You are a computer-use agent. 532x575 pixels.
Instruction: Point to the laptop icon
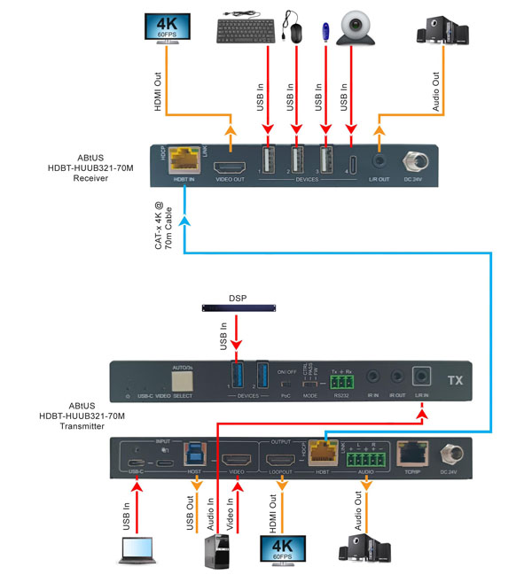(132, 551)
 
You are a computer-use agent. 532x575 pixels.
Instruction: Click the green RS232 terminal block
(341, 384)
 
